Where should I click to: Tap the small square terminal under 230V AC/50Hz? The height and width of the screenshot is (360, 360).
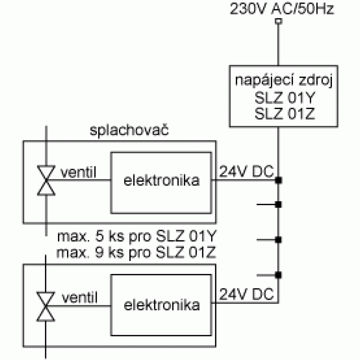point(279,21)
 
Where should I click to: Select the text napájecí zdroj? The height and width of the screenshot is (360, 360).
point(284,81)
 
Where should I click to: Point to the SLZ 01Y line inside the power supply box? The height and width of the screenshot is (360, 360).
point(285,98)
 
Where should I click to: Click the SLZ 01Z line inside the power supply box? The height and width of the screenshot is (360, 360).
point(285,113)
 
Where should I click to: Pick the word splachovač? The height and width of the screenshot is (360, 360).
point(129,130)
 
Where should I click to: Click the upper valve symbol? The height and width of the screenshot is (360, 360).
point(46,180)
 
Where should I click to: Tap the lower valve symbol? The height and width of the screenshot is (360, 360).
point(46,306)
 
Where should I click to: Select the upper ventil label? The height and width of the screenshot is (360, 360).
point(78,172)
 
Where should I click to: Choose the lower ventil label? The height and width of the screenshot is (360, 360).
point(80,298)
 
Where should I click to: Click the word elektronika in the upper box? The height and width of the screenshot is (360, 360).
point(162,180)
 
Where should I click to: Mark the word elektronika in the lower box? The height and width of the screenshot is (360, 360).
point(162,305)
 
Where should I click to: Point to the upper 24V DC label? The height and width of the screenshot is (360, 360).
point(247,171)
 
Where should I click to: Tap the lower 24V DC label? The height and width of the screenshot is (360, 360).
point(247,294)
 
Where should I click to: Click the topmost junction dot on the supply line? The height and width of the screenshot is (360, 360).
point(279,180)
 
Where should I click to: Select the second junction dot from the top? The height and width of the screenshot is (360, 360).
point(279,204)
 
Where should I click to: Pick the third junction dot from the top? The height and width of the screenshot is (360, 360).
point(279,240)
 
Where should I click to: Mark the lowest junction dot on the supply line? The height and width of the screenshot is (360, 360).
point(279,275)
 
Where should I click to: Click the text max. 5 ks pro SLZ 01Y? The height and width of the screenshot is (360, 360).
point(137,236)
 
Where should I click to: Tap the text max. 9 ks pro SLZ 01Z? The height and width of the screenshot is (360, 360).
point(136,253)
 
